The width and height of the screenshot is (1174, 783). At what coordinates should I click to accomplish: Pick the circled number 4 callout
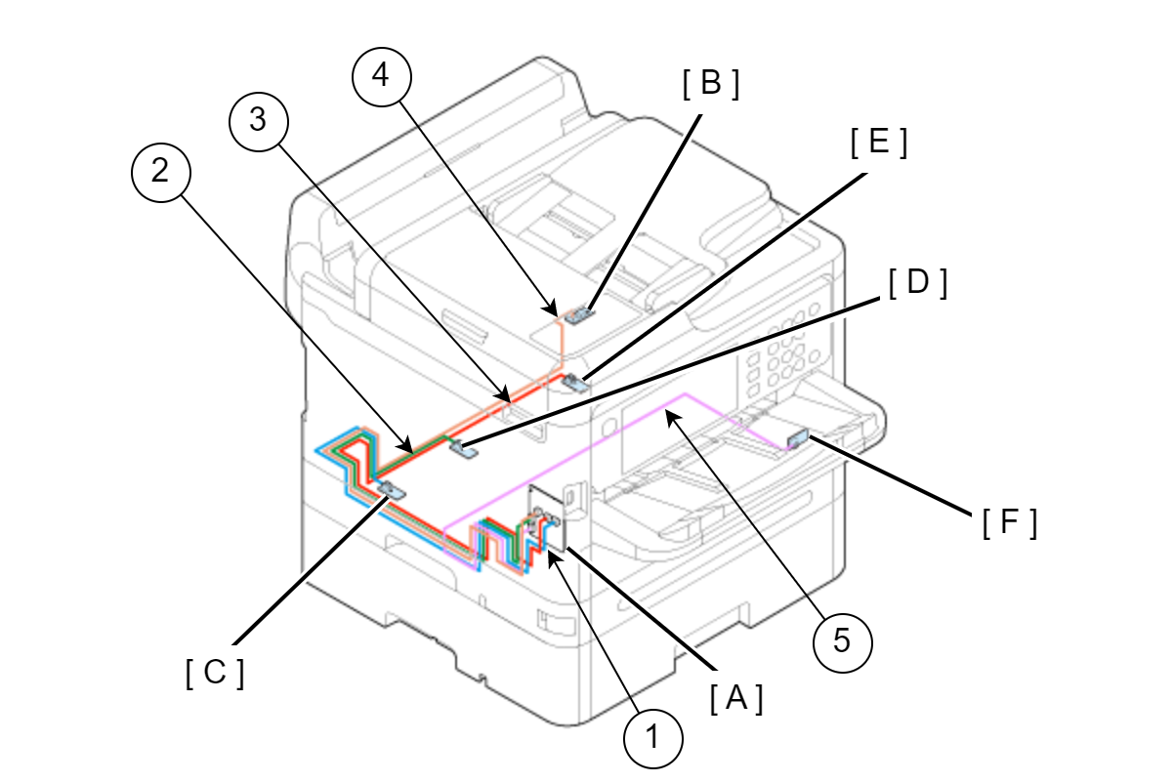382,78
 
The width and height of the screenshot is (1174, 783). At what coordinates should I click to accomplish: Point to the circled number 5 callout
842,640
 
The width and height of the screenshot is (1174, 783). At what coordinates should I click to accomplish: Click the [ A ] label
735,698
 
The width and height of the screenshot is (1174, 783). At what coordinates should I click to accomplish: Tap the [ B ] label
711,85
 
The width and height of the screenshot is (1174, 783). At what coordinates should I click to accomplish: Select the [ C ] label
214,673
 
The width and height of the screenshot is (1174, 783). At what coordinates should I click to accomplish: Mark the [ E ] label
879,144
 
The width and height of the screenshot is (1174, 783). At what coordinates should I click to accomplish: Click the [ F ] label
1008,524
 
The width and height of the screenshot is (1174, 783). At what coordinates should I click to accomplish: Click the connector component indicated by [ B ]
580,313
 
